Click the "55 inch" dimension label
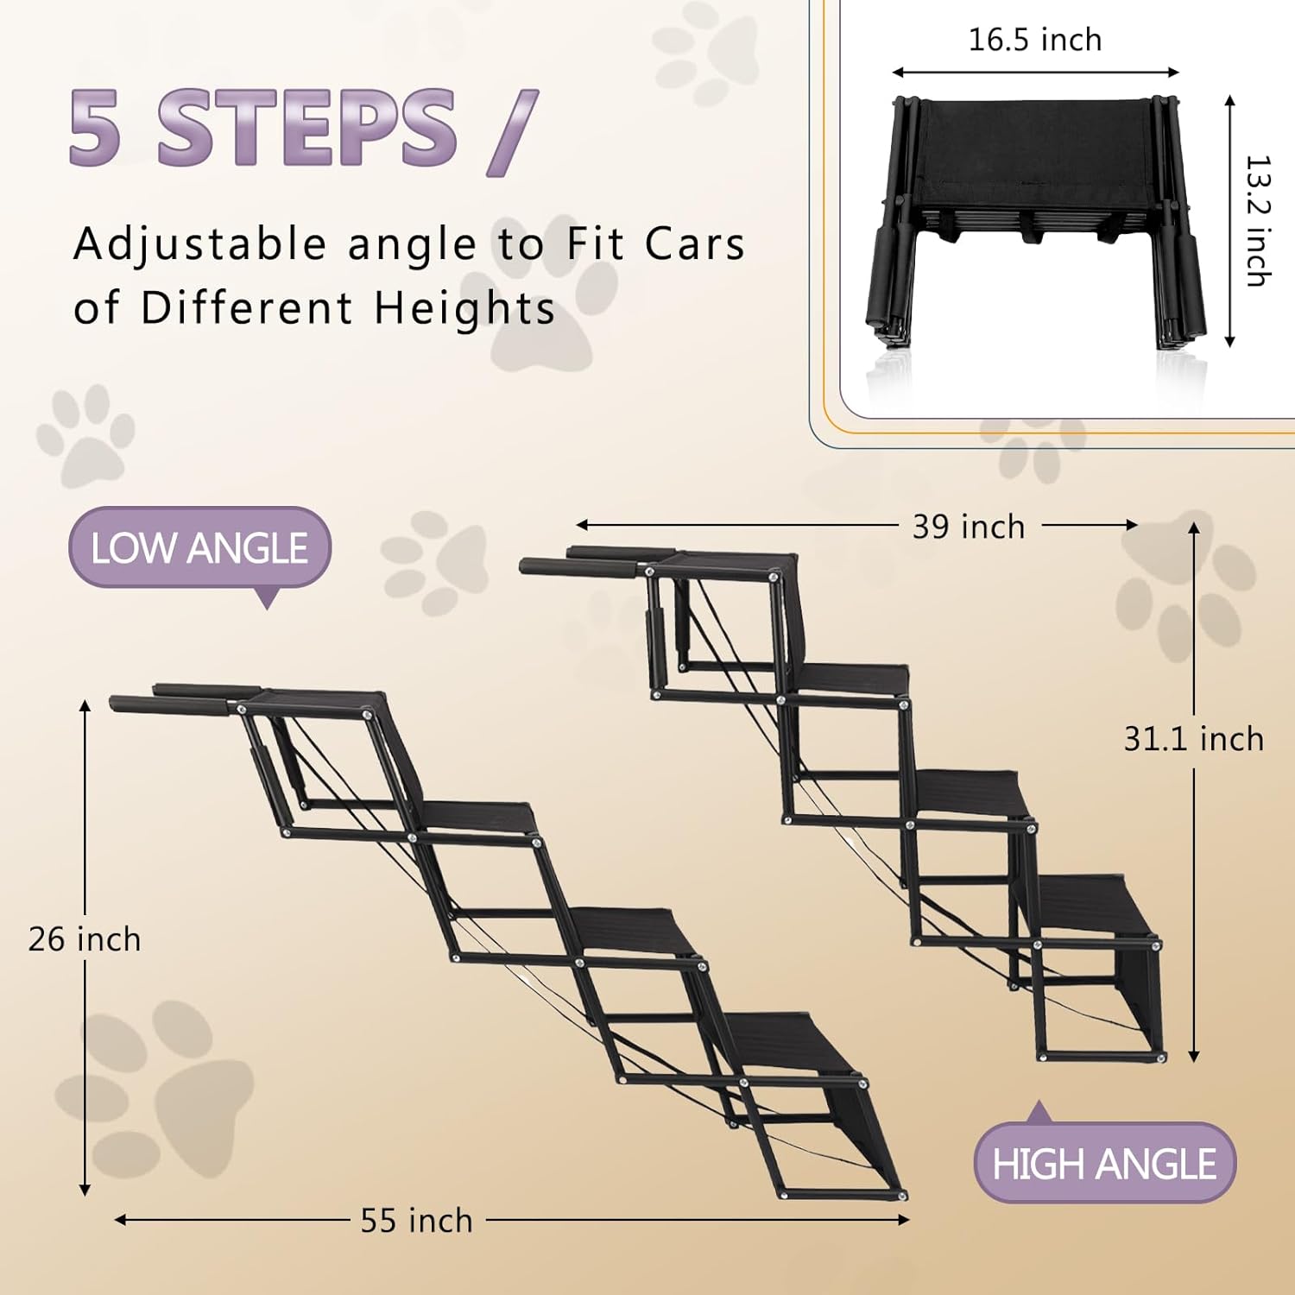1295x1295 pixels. coord(417,1221)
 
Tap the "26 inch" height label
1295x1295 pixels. coord(85,939)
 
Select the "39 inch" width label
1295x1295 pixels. coord(969,527)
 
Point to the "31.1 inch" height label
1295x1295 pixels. coord(1194,739)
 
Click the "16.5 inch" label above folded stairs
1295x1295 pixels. coord(1035,40)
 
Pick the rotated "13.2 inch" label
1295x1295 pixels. coord(1259,221)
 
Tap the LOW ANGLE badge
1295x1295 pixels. coord(199,548)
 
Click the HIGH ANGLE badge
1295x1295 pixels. coord(1104,1163)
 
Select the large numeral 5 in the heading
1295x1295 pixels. coord(95,128)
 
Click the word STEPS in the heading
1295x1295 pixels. coord(307,128)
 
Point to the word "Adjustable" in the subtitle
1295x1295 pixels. coord(200,245)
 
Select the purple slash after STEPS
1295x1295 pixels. coord(513,132)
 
